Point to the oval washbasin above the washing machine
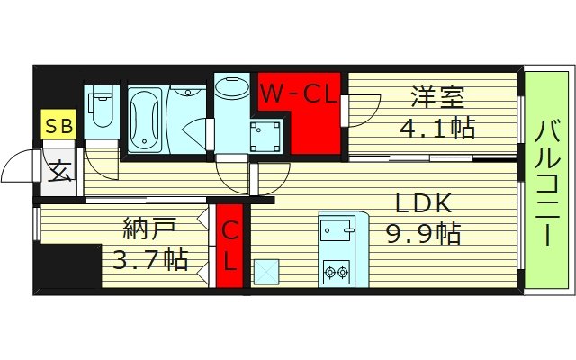coord(233,91)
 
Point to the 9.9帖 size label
coord(423,234)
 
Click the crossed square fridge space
coord(266,271)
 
